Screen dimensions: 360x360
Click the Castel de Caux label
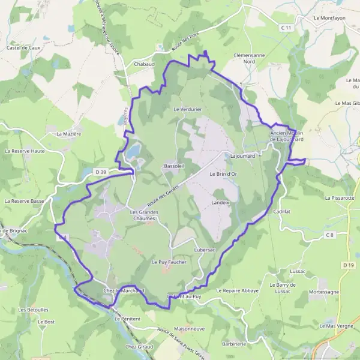[x=23, y=47]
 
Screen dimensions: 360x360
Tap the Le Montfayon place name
[x=329, y=18]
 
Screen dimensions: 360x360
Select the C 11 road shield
[x=286, y=28]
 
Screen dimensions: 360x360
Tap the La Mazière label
[x=68, y=134]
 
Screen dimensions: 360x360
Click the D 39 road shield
[x=101, y=172]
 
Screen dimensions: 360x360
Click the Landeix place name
[x=221, y=203]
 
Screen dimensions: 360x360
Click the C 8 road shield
[x=329, y=235]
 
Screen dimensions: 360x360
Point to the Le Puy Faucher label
[x=169, y=262]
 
